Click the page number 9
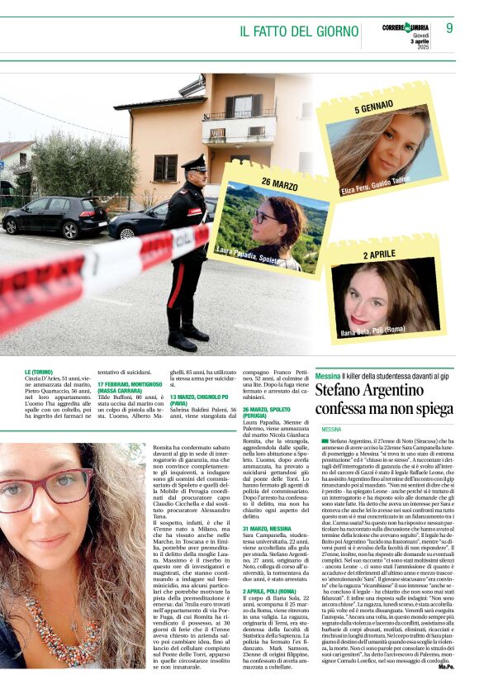pyautogui.click(x=449, y=28)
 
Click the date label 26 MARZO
pyautogui.click(x=279, y=183)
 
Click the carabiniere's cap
pyautogui.click(x=193, y=162)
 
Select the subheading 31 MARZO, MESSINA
pyautogui.click(x=267, y=528)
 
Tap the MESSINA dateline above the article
pyautogui.click(x=330, y=429)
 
